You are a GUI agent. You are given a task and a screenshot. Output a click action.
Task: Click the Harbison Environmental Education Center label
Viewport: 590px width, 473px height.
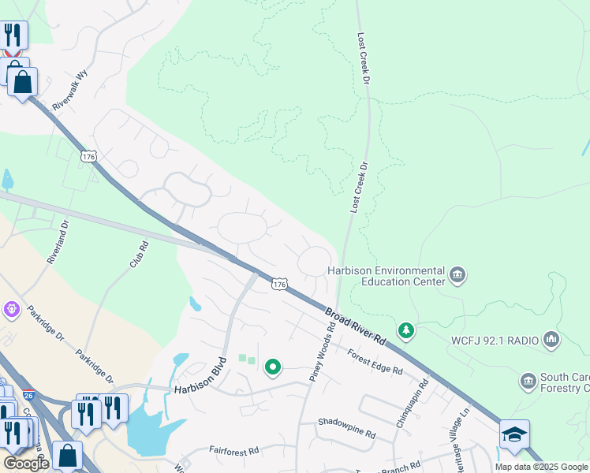tap(386, 276)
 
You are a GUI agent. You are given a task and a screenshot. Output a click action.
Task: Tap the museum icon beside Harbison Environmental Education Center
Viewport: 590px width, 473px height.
tap(457, 275)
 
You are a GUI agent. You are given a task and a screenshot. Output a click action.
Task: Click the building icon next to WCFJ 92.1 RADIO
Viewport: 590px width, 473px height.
tap(551, 341)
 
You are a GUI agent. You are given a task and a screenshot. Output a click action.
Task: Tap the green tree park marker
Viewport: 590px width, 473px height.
tap(405, 330)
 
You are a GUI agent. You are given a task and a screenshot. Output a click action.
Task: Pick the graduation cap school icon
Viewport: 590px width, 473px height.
tap(514, 434)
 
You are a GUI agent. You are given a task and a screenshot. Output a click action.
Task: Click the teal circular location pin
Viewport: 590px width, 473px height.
tap(273, 367)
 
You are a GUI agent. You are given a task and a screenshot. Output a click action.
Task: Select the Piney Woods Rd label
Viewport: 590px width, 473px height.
tap(316, 356)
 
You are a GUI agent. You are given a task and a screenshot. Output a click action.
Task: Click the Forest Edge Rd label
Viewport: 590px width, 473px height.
tap(375, 359)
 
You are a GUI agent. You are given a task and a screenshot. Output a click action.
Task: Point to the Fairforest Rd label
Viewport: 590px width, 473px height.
tap(233, 451)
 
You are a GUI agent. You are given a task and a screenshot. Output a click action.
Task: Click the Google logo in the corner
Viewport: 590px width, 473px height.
tap(25, 463)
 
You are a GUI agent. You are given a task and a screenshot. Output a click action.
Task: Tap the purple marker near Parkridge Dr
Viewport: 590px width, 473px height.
tap(11, 309)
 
